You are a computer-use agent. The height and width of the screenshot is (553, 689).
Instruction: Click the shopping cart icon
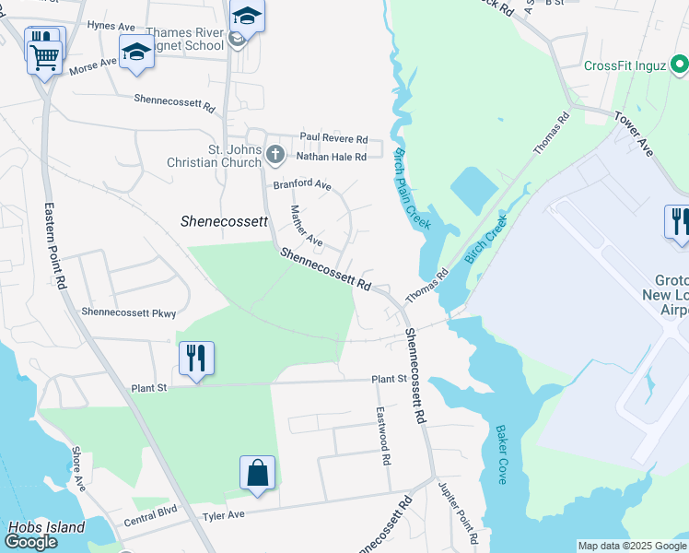(43, 57)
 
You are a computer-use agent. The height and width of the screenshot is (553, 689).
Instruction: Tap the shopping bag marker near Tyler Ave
(258, 473)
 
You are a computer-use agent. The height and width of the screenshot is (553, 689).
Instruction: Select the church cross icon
(275, 153)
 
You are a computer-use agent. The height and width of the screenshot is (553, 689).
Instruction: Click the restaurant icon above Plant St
(196, 358)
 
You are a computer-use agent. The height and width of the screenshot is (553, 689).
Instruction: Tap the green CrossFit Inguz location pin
(679, 65)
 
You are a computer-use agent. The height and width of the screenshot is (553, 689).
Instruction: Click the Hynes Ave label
(111, 26)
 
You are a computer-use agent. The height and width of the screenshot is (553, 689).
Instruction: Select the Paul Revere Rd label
(333, 138)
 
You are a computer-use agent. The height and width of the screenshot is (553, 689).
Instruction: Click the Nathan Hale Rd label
(332, 157)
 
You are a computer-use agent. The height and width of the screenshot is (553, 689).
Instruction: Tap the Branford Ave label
(301, 184)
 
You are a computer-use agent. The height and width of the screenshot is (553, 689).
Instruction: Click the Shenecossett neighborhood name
(224, 221)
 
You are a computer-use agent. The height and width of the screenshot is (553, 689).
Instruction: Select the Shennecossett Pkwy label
(128, 313)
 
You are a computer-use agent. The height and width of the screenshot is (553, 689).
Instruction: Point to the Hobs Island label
(46, 528)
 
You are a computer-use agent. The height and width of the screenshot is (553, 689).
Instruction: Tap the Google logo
(30, 542)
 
